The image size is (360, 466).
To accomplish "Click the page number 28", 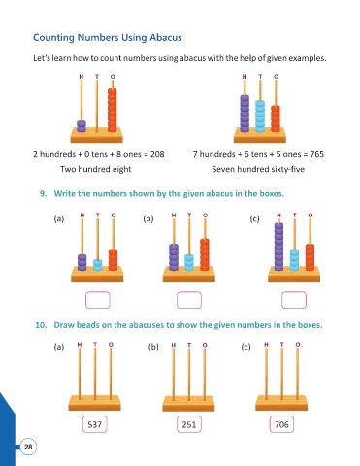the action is tap(28, 447).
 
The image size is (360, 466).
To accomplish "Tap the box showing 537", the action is tap(95, 424).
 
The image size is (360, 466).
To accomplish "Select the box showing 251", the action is tap(189, 424).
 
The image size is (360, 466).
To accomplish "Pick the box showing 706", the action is tap(281, 424).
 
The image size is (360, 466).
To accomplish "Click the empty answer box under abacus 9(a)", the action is tap(98, 300).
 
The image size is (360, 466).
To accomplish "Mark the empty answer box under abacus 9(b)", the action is tap(189, 300).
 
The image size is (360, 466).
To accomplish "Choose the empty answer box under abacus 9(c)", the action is tap(294, 300).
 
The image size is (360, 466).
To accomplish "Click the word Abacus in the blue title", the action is tap(166, 37).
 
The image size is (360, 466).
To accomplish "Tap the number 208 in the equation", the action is tap(157, 154).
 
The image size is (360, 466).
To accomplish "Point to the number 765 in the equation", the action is tap(317, 154).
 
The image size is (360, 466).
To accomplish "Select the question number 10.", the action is tap(41, 325).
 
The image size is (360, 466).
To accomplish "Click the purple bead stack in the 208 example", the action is tap(82, 126).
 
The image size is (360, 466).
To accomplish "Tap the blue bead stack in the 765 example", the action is tap(260, 116).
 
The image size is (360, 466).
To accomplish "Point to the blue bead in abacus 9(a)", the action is tap(98, 265).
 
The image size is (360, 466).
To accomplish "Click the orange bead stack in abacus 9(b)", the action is tap(205, 254).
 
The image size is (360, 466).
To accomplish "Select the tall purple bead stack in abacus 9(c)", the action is tap(278, 247).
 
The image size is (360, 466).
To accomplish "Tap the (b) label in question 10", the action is tap(153, 347).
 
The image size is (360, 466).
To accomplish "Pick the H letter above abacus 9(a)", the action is tap(82, 216).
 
